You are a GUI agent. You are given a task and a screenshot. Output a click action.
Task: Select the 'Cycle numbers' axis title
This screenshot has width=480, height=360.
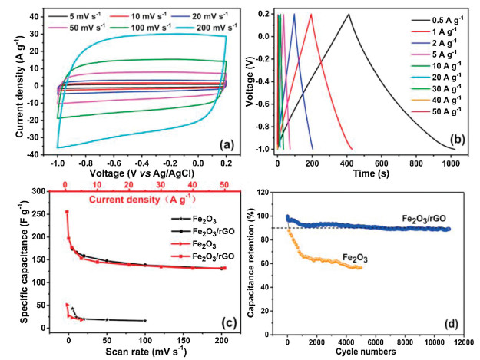(x=364, y=352)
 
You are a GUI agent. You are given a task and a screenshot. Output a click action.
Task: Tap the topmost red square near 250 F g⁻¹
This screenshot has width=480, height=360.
(x=67, y=212)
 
